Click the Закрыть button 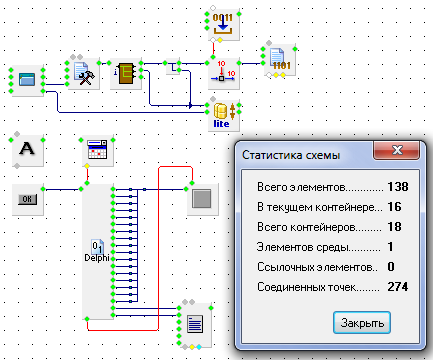pos(362,322)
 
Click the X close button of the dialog pos(397,150)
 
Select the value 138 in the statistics pos(398,187)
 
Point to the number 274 pos(398,287)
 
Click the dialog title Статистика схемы pos(291,155)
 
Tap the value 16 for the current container pos(394,207)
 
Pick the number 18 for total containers pos(394,227)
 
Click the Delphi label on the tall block pos(97,258)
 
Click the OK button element pos(28,199)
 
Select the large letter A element pos(27,149)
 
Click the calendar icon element pos(97,150)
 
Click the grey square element pos(202,199)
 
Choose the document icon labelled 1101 pos(280,59)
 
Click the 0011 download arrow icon pos(223,24)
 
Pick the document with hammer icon pos(84,74)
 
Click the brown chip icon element pos(126,74)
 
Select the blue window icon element pos(27,80)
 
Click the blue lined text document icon pos(195,324)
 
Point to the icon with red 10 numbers pos(223,73)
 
